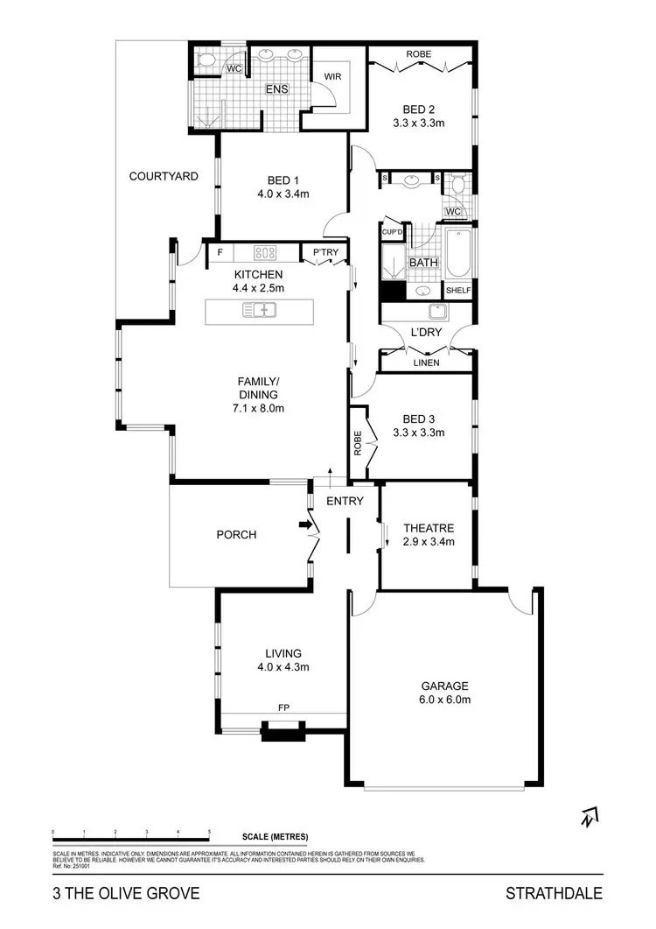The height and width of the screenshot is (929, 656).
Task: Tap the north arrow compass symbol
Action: click(x=589, y=817)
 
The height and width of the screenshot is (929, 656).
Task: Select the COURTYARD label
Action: click(x=164, y=176)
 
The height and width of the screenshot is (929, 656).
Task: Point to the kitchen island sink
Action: click(x=260, y=308)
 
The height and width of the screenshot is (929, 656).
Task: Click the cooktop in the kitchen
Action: click(x=265, y=253)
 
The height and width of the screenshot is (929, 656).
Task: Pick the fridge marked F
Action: click(x=220, y=253)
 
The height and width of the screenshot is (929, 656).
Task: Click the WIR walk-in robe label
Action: click(x=331, y=76)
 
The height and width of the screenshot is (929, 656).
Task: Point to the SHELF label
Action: click(x=458, y=291)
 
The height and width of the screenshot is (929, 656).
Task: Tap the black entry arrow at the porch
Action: click(x=304, y=524)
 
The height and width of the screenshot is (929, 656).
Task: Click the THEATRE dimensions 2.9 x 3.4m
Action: click(x=429, y=541)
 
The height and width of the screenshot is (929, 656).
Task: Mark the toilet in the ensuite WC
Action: click(x=206, y=60)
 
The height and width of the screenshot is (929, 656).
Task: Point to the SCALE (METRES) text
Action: click(x=276, y=836)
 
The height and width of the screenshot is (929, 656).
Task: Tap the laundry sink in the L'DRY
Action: click(x=435, y=313)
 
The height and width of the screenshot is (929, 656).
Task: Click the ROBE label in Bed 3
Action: click(x=358, y=445)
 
